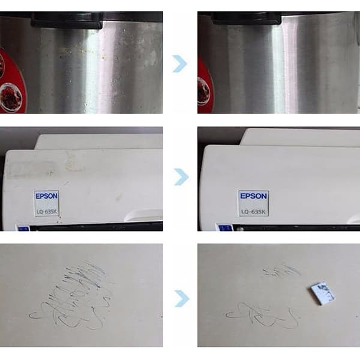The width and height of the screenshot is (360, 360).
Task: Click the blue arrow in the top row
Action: coord(181,64)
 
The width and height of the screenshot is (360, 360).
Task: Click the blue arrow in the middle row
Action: coord(181,177)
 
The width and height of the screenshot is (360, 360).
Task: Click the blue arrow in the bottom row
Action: coord(182,298)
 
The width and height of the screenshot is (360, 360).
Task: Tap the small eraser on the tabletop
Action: coord(323,293)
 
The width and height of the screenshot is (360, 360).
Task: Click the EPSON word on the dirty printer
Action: coord(47,196)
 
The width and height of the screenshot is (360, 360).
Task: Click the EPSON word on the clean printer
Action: coord(253,196)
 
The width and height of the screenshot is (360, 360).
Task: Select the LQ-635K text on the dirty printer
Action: coord(47,211)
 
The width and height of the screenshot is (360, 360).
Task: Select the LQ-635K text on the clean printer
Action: coord(253,211)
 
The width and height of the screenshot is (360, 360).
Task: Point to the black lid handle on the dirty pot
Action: coord(68,20)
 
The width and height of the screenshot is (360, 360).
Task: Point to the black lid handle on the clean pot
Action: coord(247,18)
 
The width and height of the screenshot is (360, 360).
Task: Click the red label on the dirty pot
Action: coord(12,80)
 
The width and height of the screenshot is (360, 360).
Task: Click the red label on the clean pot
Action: coord(205,87)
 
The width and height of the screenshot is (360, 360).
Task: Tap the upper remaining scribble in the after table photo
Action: coord(281,271)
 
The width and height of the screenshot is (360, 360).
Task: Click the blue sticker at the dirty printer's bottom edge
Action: coord(23,228)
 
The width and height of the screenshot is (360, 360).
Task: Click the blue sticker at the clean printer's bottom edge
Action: coord(226,228)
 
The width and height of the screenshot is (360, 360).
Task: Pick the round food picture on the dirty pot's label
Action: coord(10,97)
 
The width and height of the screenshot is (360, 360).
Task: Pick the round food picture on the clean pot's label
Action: coord(203,91)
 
